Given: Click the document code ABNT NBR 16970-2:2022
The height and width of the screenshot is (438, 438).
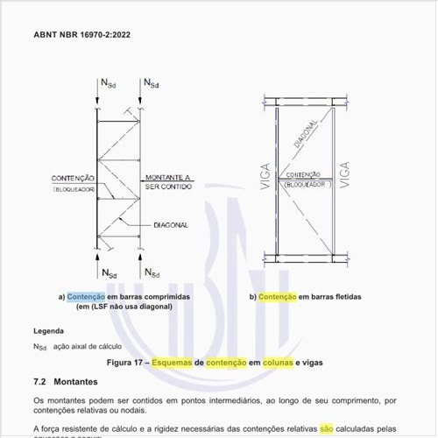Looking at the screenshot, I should pos(83,36).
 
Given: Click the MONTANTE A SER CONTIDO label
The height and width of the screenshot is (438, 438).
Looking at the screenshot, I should pos(167,182).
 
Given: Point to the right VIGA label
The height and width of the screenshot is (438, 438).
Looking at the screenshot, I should pos(344,174).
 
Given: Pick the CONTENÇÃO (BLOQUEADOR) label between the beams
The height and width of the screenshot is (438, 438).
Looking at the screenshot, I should pos(303,180).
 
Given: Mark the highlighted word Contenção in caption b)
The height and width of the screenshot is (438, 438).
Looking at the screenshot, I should pos(278,297).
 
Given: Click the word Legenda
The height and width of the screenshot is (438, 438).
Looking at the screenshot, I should pos(48,331).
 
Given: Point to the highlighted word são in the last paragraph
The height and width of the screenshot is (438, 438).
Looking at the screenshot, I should pos(327,429).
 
